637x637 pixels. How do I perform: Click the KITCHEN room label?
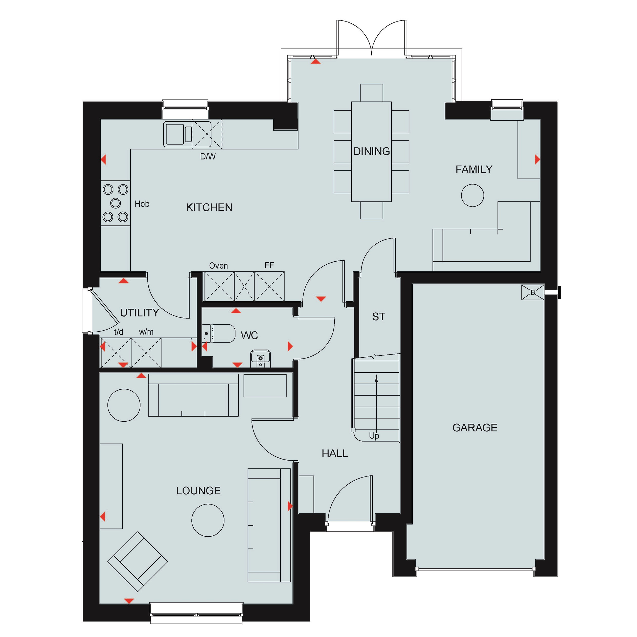click(x=209, y=207)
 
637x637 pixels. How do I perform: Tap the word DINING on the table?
click(x=372, y=151)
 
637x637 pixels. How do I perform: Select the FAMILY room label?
click(x=474, y=169)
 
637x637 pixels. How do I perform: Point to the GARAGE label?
click(x=475, y=428)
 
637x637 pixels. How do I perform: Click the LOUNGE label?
click(x=198, y=491)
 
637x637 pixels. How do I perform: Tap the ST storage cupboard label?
click(x=378, y=316)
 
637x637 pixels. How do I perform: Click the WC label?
click(x=249, y=335)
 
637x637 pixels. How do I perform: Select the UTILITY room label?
click(x=140, y=313)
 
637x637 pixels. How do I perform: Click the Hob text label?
click(x=142, y=204)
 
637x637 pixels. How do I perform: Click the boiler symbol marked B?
click(x=533, y=292)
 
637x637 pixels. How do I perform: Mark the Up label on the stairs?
click(x=374, y=436)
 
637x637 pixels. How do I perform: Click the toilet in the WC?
click(x=219, y=333)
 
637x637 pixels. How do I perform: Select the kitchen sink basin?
click(x=175, y=134)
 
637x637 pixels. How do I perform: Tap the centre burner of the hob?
click(x=116, y=203)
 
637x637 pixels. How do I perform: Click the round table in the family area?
click(x=472, y=195)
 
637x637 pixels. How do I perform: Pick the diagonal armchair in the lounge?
click(x=138, y=561)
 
